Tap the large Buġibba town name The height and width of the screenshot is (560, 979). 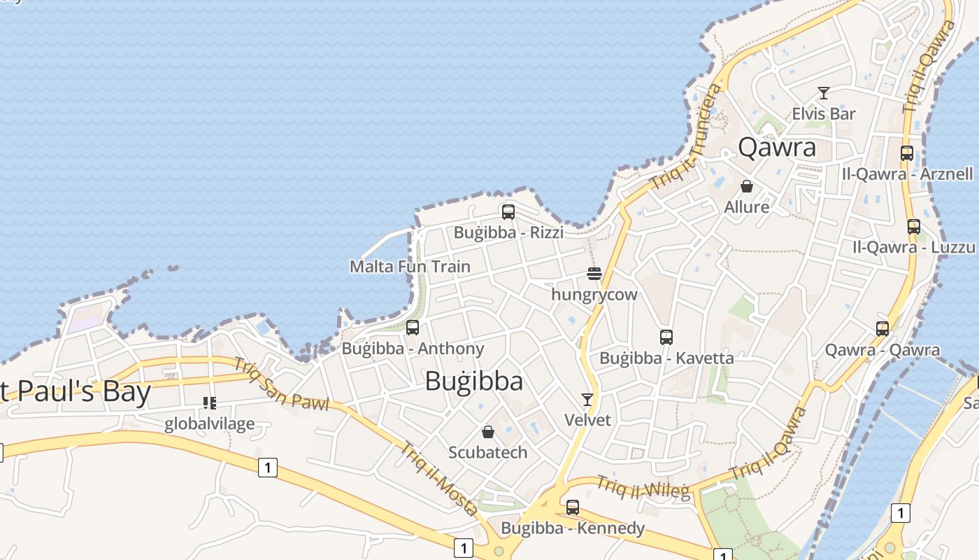point(474,381)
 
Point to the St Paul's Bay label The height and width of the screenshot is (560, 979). point(73,391)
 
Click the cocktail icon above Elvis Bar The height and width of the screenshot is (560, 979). point(824,92)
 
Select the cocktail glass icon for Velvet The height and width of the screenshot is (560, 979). point(587,399)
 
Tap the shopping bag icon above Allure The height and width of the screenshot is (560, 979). point(747,186)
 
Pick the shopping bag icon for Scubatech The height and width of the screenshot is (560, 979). point(488,432)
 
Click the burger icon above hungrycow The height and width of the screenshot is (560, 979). point(594,273)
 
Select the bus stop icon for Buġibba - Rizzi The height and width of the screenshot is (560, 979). point(508,211)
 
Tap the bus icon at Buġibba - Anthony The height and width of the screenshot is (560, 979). point(413,327)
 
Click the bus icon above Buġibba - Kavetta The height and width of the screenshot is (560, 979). point(666,337)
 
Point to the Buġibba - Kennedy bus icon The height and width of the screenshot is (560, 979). point(573,507)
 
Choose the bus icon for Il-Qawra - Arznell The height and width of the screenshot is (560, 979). point(907,153)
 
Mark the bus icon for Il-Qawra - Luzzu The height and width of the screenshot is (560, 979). point(914,226)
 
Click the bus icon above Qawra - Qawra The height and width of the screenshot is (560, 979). point(882,328)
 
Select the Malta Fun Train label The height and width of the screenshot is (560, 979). point(410,267)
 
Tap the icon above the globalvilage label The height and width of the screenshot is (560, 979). point(209,402)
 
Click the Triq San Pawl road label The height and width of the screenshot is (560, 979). point(280,384)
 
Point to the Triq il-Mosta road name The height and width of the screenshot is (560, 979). point(440,478)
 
